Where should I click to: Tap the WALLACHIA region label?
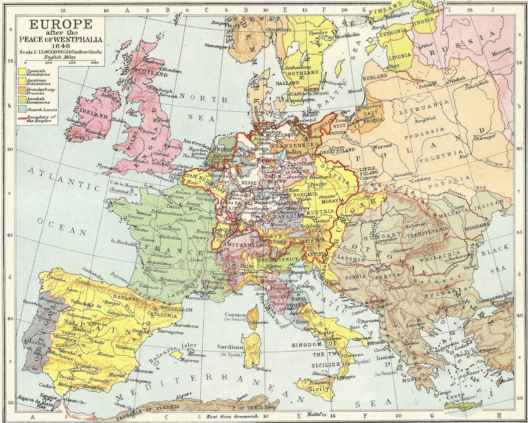click(x=438, y=255)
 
